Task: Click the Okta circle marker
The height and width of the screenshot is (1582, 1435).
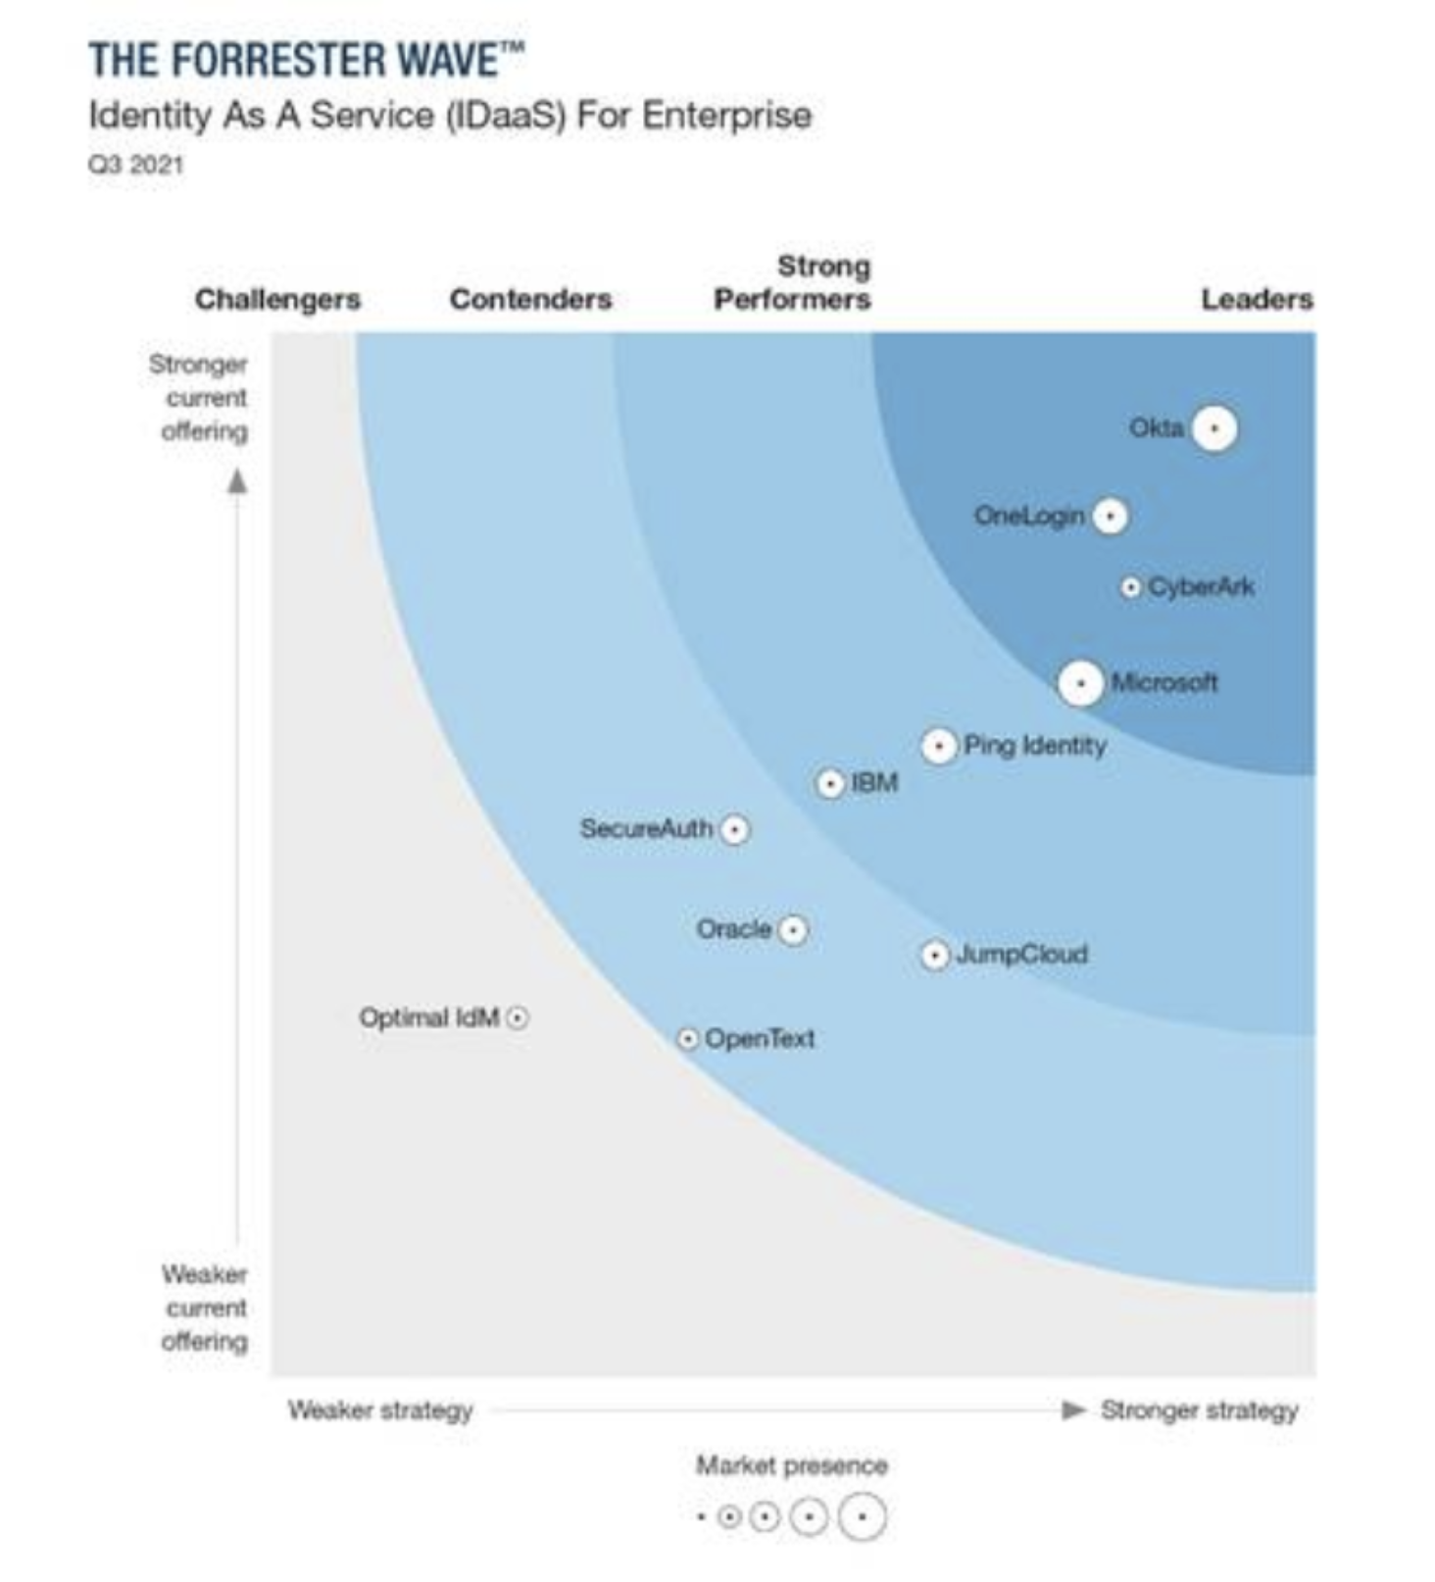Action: (1214, 428)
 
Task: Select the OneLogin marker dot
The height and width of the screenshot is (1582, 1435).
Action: (1110, 516)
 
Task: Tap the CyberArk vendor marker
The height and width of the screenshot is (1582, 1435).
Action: (1131, 587)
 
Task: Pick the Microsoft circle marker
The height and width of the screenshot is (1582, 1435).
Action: (1080, 683)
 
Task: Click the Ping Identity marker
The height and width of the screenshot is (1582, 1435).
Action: (938, 746)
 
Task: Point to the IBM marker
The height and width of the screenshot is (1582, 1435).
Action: (830, 783)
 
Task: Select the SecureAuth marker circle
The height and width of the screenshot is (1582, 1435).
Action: (735, 829)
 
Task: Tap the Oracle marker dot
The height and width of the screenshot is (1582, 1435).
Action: (792, 929)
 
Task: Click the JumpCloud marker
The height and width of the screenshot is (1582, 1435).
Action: (935, 955)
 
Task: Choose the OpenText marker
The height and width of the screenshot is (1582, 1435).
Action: (688, 1038)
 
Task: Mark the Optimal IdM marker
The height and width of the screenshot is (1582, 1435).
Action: (518, 1017)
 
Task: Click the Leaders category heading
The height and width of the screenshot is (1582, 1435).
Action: (1257, 299)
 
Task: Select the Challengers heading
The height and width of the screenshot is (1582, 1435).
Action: (277, 299)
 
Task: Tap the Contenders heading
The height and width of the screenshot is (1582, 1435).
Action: (530, 299)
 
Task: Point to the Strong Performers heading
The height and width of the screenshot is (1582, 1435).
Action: (792, 283)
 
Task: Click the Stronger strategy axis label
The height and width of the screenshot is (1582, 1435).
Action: (1199, 1409)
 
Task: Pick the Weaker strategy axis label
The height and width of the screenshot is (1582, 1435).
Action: (380, 1409)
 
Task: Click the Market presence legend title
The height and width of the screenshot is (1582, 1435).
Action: (792, 1465)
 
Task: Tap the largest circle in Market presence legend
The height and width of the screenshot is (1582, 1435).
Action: (863, 1517)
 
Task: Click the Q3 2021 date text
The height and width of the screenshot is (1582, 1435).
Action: (136, 164)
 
